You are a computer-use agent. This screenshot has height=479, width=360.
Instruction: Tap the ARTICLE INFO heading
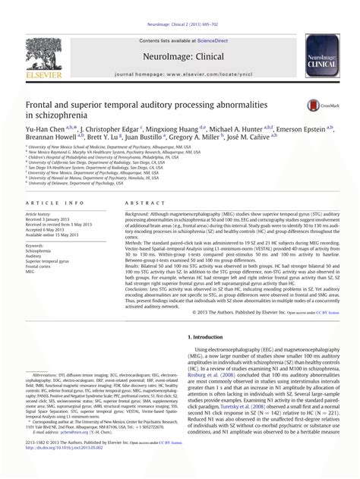pyautogui.click(x=55, y=204)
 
